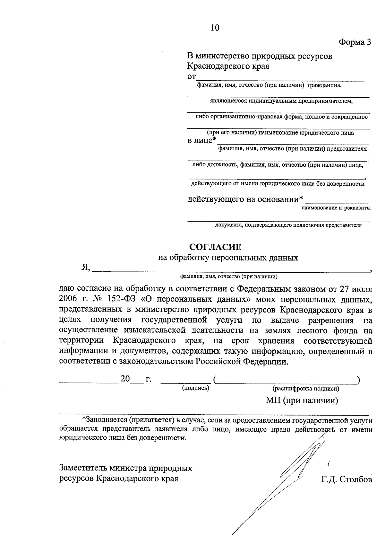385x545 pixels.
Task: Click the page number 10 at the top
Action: click(215, 28)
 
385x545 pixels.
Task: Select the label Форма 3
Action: click(355, 42)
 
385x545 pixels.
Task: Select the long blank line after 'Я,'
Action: click(231, 271)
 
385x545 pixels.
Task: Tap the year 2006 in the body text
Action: click(69, 300)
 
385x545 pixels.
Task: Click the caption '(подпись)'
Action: click(196, 388)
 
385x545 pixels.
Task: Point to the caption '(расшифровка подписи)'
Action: click(306, 388)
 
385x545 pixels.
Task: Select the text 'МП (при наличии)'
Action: click(302, 400)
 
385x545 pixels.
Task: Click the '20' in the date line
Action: click(125, 379)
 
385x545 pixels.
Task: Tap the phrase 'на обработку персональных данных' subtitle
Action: click(228, 258)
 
